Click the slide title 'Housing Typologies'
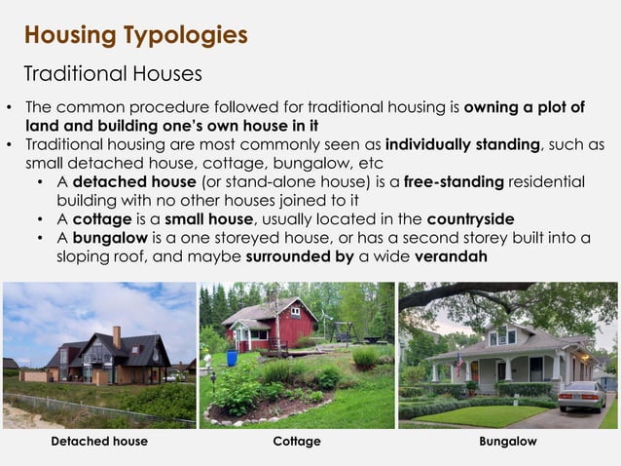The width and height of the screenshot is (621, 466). [x=135, y=36]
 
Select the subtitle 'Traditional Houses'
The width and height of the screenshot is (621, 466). [x=112, y=74]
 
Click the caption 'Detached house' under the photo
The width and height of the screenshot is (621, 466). [x=99, y=442]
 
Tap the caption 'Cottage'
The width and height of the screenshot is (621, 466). [x=297, y=442]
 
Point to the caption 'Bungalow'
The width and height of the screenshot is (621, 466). [x=507, y=442]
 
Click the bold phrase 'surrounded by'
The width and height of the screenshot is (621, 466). [x=301, y=257]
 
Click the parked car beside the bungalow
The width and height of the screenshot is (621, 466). [x=581, y=395]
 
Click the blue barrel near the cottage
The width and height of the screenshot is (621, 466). [x=233, y=358]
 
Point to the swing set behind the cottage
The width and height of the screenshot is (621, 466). [x=346, y=326]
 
